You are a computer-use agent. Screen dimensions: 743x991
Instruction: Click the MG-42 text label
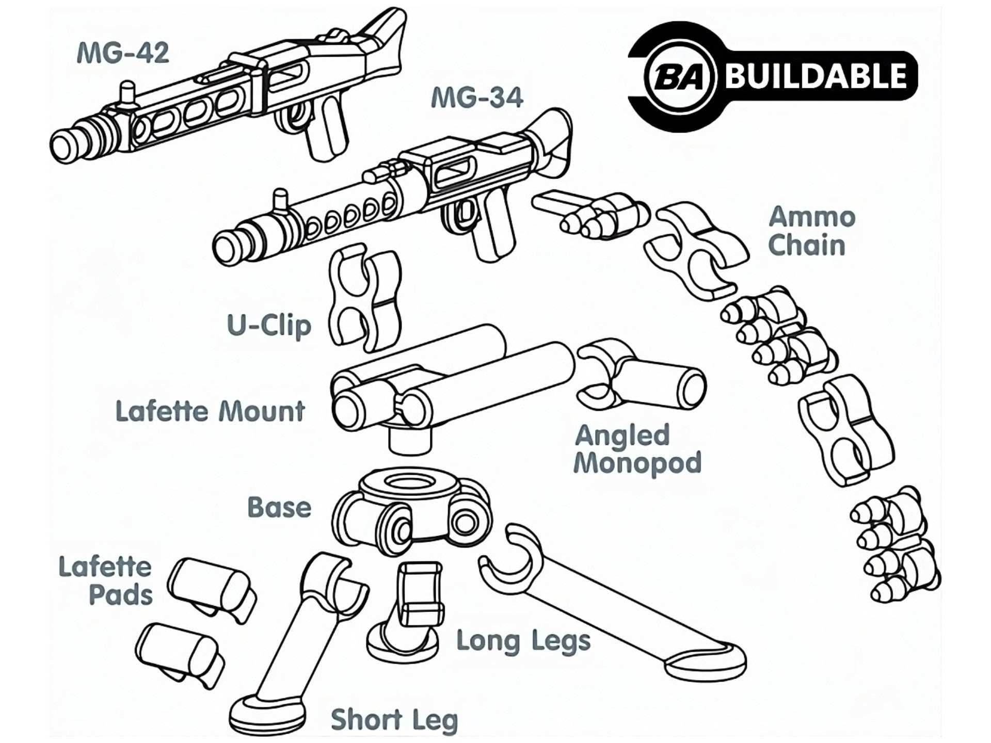pos(123,53)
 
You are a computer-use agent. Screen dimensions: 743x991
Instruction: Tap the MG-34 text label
pos(477,98)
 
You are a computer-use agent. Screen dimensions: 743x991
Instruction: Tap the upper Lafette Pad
pos(212,588)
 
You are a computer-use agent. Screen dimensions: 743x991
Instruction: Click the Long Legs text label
pos(523,641)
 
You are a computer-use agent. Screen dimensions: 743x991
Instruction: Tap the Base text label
pos(279,508)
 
